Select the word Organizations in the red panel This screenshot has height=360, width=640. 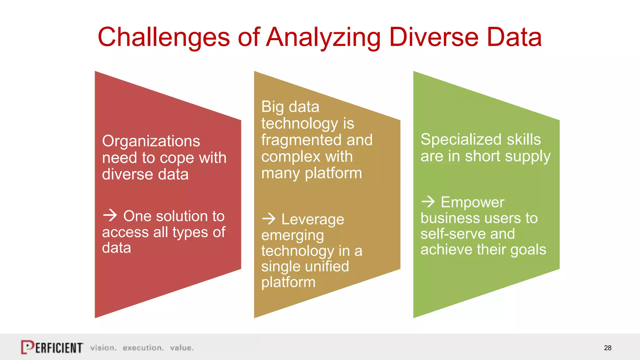pyautogui.click(x=151, y=141)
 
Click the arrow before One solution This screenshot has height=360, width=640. pyautogui.click(x=110, y=215)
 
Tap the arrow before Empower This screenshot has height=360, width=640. pyautogui.click(x=428, y=202)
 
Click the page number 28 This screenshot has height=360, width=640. pyautogui.click(x=607, y=348)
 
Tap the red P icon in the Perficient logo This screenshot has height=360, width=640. pyautogui.click(x=27, y=347)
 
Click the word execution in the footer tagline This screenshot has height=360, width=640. pyautogui.click(x=143, y=348)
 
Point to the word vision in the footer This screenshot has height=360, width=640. pyautogui.click(x=103, y=348)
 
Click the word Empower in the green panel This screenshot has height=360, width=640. pyautogui.click(x=472, y=202)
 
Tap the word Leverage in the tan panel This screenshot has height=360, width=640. pyautogui.click(x=312, y=219)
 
